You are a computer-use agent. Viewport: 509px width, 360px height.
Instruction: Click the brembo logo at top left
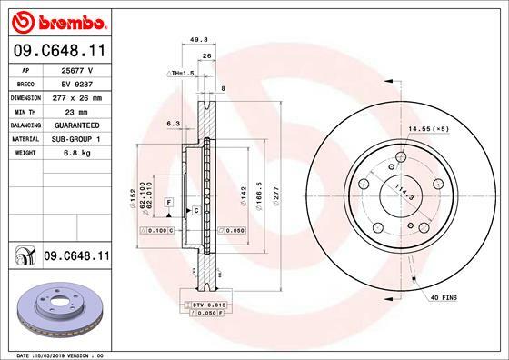click(56, 20)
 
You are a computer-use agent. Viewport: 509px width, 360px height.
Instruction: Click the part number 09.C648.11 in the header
click(55, 52)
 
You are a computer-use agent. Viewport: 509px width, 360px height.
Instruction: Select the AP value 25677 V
click(76, 69)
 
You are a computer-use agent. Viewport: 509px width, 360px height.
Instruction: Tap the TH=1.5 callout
click(182, 72)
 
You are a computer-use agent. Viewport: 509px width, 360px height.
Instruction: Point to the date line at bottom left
click(55, 355)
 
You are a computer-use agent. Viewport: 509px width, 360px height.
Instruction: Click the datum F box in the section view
click(168, 200)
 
